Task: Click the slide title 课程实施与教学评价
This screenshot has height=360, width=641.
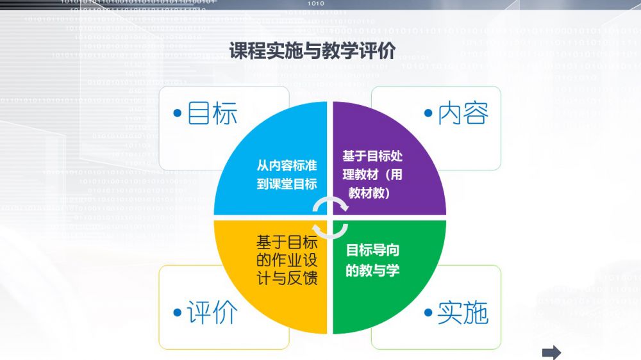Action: click(x=312, y=51)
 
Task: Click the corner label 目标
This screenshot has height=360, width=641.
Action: click(x=212, y=113)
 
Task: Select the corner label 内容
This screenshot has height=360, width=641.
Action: click(x=463, y=113)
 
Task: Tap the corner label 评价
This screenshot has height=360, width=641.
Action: click(x=212, y=313)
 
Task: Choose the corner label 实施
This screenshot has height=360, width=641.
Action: click(x=463, y=313)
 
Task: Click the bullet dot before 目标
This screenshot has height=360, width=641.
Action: click(x=178, y=113)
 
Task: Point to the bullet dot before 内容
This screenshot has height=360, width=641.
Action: click(x=428, y=113)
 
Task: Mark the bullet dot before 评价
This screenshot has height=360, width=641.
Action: click(x=178, y=313)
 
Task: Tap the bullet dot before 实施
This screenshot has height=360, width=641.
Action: click(x=428, y=313)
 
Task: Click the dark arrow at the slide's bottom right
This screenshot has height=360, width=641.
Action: click(x=551, y=352)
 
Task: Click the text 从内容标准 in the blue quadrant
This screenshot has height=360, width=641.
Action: click(x=287, y=165)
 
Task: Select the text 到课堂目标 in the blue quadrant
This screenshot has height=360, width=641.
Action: click(x=287, y=184)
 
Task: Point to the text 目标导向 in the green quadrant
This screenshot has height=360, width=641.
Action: click(x=372, y=250)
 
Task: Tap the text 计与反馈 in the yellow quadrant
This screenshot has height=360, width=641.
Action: click(x=287, y=278)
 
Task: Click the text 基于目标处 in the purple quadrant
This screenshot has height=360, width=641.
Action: click(x=372, y=156)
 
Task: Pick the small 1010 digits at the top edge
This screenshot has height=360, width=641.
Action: click(x=315, y=3)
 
